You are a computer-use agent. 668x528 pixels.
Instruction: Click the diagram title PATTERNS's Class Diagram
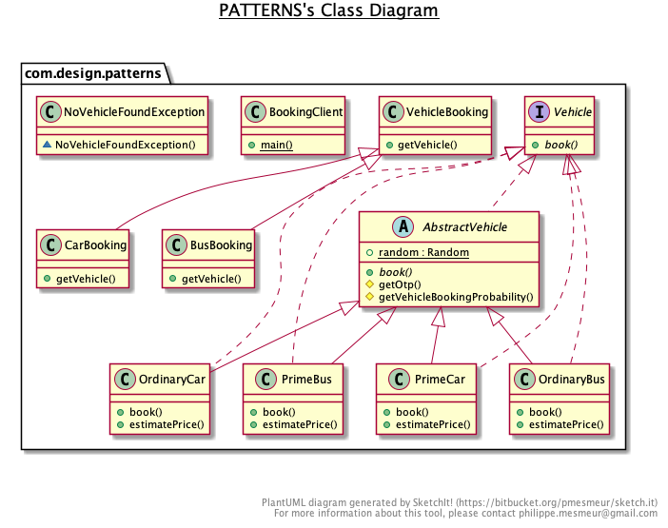(x=328, y=11)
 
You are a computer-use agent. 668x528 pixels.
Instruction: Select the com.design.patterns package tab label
(x=92, y=72)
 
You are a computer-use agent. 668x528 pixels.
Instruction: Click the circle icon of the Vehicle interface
(x=540, y=112)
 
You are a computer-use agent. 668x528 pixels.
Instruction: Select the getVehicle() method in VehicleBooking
(x=427, y=145)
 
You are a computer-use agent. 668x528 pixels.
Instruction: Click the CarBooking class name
(x=96, y=244)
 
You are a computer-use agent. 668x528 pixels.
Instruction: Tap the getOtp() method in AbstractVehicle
(x=400, y=284)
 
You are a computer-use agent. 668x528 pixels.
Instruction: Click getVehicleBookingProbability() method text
(x=456, y=297)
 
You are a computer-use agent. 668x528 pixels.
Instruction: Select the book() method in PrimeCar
(x=412, y=412)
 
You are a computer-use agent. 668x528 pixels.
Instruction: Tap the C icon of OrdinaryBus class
(x=523, y=379)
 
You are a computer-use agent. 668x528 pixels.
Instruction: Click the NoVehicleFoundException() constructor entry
(x=131, y=145)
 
